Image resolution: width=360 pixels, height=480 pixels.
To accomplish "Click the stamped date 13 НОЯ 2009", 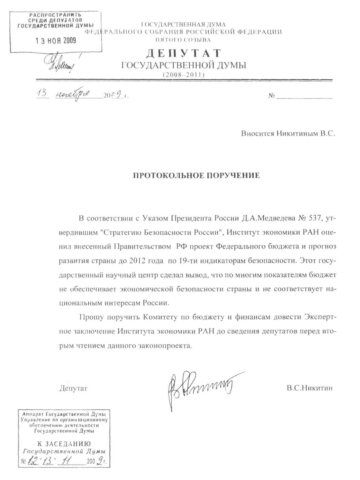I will (x=56, y=41).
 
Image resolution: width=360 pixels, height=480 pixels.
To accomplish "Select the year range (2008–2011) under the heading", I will (x=183, y=75).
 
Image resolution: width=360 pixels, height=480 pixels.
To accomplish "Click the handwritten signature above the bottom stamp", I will (x=201, y=387).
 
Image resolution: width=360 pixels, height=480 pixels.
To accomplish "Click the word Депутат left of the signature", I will (x=73, y=389).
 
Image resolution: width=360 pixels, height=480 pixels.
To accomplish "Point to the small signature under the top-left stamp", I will (x=62, y=62).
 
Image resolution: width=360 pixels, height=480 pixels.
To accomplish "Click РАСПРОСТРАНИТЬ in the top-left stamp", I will (x=56, y=15).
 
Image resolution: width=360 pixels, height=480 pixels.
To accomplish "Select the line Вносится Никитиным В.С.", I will (x=288, y=133).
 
